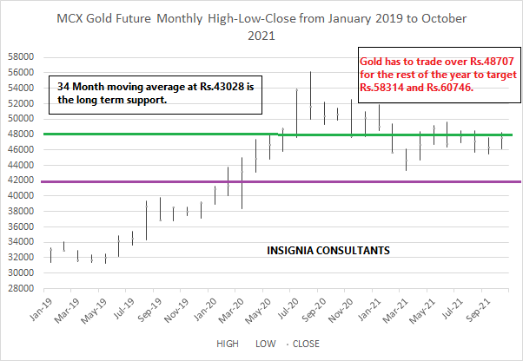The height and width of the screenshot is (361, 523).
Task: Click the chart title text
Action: [x=261, y=27]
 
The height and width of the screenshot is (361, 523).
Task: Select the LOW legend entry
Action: [x=265, y=344]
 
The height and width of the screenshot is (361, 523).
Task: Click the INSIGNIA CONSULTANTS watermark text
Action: [x=327, y=251]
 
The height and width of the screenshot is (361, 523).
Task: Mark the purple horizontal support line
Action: [x=391, y=181]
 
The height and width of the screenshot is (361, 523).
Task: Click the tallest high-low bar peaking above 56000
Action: [x=310, y=95]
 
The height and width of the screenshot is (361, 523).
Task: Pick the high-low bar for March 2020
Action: [x=242, y=182]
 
